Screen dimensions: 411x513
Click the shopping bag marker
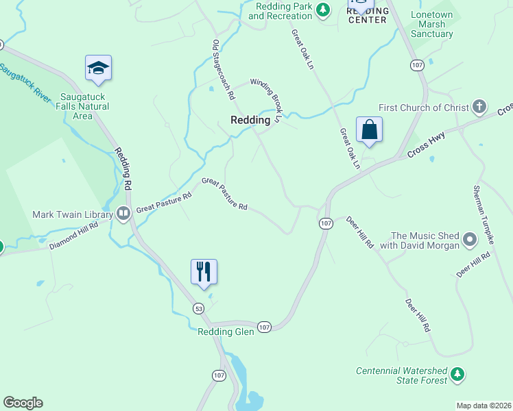click(x=369, y=129)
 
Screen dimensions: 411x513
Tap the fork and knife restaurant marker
click(x=204, y=271)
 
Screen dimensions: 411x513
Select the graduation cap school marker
click(x=98, y=68)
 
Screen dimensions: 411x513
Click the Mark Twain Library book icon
click(x=123, y=214)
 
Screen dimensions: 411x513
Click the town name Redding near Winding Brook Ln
click(x=250, y=119)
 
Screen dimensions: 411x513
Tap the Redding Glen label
click(x=226, y=332)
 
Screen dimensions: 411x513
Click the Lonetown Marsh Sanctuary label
click(x=432, y=24)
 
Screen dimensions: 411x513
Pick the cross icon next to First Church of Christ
click(x=479, y=107)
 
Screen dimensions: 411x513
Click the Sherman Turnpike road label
click(x=484, y=215)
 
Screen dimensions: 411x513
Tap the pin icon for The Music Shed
click(x=470, y=240)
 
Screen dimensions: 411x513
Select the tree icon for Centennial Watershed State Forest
click(x=457, y=375)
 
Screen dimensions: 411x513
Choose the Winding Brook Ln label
click(x=266, y=99)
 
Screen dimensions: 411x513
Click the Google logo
click(x=23, y=403)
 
